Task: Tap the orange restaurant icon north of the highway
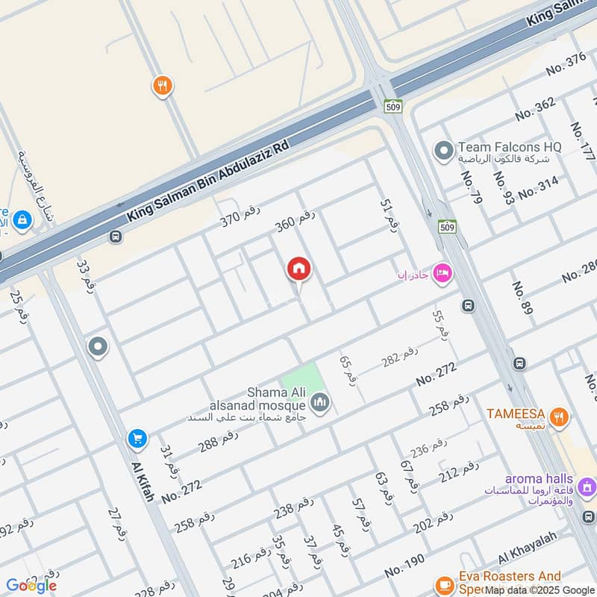tap(162, 86)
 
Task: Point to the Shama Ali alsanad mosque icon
tap(320, 402)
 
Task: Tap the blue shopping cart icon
tap(137, 438)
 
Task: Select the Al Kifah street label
tap(143, 481)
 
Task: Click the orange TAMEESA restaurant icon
tap(560, 414)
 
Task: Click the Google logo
tap(31, 586)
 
